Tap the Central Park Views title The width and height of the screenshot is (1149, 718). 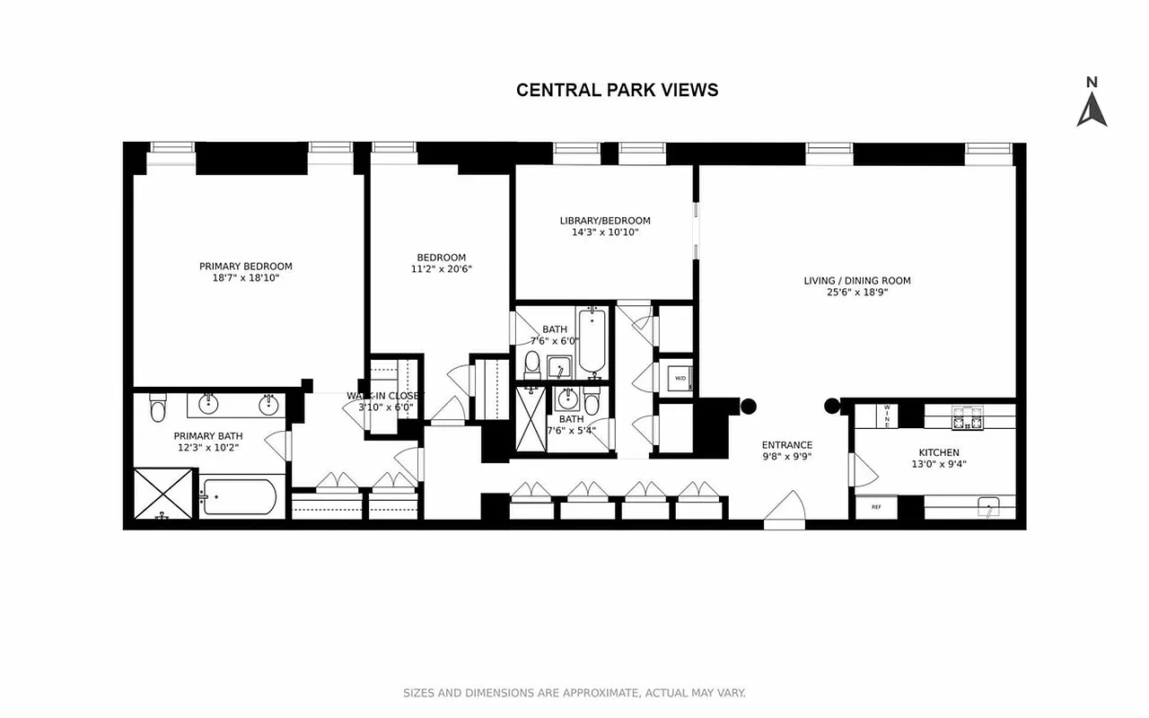coord(617,90)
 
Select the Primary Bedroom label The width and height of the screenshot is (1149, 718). coord(245,266)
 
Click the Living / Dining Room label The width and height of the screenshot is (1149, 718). coord(856,281)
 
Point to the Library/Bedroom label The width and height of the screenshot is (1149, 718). coord(604,221)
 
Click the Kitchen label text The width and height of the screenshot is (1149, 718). coord(938,452)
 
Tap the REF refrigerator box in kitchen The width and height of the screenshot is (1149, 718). coord(876,507)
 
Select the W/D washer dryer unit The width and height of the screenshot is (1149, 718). coord(678,378)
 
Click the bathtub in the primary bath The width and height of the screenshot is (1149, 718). coord(238,496)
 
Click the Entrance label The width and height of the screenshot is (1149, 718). coord(786,445)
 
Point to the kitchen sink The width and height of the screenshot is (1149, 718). coord(989,507)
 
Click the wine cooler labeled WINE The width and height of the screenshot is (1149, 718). coord(887,416)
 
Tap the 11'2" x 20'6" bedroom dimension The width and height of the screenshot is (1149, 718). coord(441,268)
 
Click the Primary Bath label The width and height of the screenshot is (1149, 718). coord(208,436)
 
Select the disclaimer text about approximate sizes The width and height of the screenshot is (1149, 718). coord(574,693)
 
